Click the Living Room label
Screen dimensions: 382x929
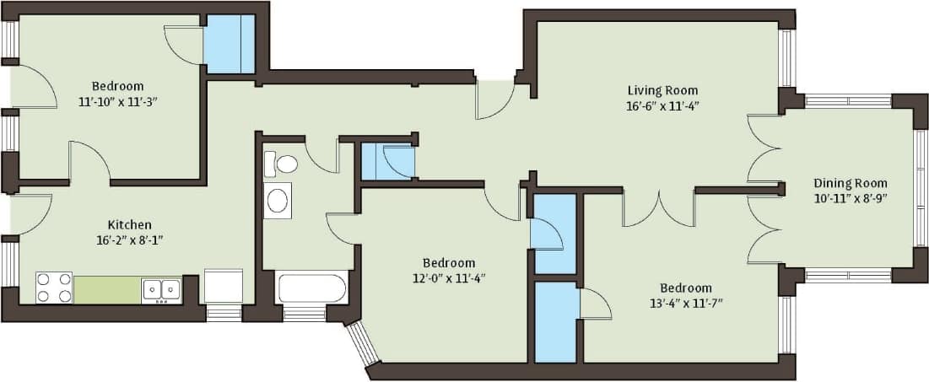[x=662, y=90]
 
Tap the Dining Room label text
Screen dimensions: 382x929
[x=850, y=183]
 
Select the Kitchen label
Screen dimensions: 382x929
[x=129, y=224]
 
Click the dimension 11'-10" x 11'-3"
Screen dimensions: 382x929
[x=117, y=102]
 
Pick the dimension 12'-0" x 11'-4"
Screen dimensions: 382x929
[x=449, y=279]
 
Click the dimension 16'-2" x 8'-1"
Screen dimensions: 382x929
[x=129, y=239]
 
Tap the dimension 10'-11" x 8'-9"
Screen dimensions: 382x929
[x=850, y=199]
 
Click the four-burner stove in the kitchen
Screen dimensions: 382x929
[x=53, y=288]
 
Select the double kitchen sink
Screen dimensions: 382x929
[x=160, y=289]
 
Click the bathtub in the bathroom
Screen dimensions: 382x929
[x=311, y=288]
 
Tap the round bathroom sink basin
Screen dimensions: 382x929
[x=277, y=201]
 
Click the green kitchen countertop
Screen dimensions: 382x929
[x=106, y=289]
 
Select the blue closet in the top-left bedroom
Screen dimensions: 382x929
[x=229, y=44]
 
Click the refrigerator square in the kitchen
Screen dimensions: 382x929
[x=223, y=286]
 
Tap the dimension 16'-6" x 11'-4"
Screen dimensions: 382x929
[x=662, y=106]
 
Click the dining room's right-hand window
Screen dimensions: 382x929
[x=920, y=187]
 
